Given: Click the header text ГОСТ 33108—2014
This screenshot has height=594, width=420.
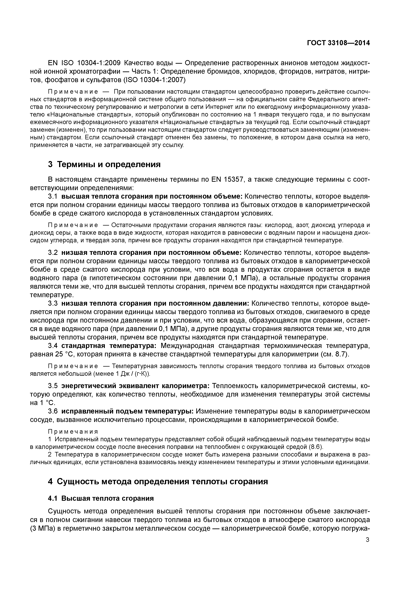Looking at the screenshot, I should pos(338,43).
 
